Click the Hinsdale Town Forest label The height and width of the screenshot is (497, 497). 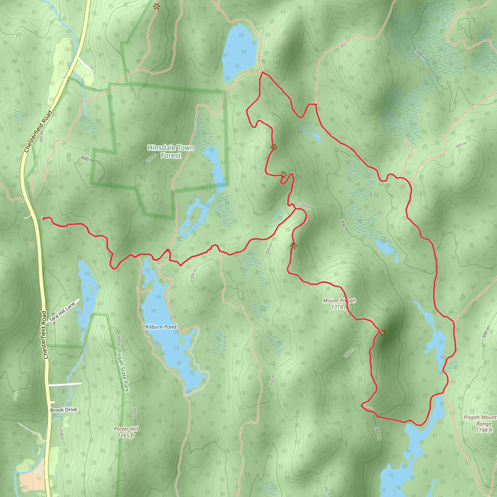click(171, 151)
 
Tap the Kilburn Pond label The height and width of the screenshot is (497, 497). click(161, 327)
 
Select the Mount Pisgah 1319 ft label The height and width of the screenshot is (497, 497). click(339, 304)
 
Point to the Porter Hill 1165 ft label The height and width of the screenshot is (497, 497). click(126, 432)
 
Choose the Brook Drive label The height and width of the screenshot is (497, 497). click(64, 410)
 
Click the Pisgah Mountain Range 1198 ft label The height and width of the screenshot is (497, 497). click(480, 423)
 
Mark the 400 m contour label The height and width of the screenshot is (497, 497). click(87, 159)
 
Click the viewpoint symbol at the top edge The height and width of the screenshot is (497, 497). click(156, 7)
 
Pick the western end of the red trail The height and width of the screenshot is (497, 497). click(43, 218)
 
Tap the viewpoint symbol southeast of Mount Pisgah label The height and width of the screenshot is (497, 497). click(383, 333)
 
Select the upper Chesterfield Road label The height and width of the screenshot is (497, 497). click(38, 132)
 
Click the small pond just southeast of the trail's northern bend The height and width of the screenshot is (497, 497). click(317, 137)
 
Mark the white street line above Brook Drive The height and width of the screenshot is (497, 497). click(65, 384)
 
